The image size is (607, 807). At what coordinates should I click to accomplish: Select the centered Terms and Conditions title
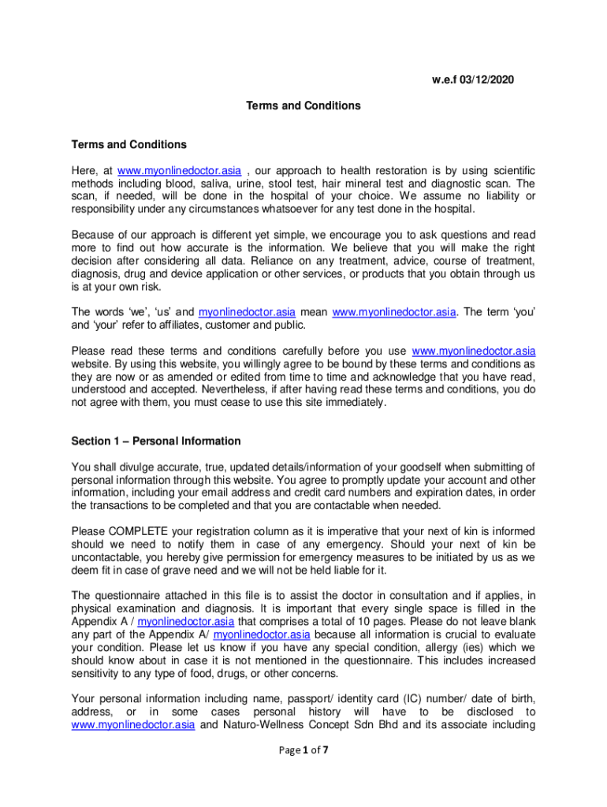click(303, 105)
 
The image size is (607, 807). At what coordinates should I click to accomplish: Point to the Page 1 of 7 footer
click(303, 750)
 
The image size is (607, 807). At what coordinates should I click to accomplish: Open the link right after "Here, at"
click(179, 171)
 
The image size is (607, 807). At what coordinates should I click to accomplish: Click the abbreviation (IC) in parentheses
click(415, 698)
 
